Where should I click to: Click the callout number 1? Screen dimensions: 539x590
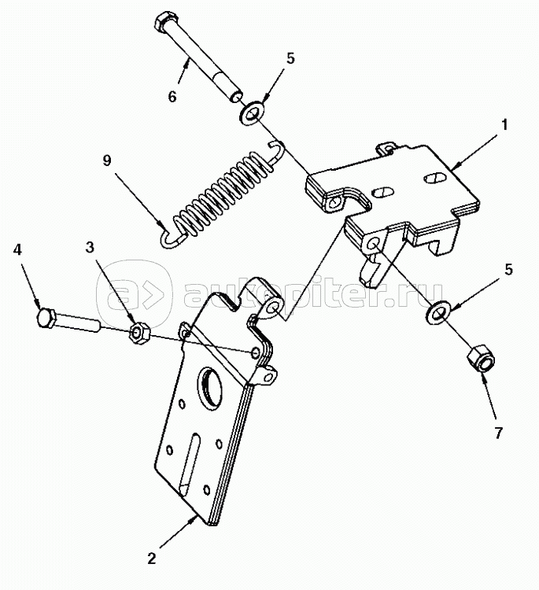click(504, 124)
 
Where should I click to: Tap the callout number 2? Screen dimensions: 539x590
click(151, 559)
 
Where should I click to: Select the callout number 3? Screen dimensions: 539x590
click(90, 248)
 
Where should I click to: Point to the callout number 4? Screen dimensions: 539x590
click(17, 250)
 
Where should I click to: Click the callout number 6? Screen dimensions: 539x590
click(172, 97)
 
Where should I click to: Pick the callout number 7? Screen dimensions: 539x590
click(499, 433)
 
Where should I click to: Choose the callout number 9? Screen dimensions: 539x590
click(107, 160)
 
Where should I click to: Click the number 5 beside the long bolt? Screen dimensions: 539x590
click(290, 59)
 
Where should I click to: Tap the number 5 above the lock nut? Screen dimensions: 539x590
click(508, 270)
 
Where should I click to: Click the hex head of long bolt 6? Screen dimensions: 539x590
click(164, 22)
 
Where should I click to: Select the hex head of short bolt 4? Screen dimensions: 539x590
click(46, 317)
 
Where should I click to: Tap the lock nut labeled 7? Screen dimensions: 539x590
click(481, 360)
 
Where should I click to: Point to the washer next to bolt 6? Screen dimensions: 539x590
click(252, 112)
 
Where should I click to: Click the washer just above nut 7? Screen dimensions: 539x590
click(437, 312)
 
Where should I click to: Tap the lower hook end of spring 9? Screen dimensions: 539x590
click(170, 240)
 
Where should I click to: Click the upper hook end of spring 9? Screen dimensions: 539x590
click(278, 150)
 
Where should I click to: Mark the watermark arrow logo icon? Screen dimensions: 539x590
click(134, 293)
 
